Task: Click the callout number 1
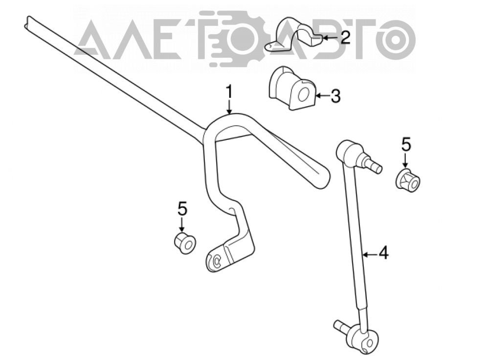[x=229, y=92]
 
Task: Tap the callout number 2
[x=345, y=38]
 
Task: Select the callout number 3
[x=335, y=96]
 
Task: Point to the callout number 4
[x=383, y=253]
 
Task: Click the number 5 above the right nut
[x=406, y=145]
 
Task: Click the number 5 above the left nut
[x=182, y=208]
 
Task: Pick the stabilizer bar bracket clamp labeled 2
[x=293, y=35]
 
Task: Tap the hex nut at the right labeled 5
[x=408, y=180]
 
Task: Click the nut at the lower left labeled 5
[x=185, y=243]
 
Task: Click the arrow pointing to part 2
[x=330, y=38]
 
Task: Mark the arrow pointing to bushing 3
[x=322, y=96]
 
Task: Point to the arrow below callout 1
[x=229, y=107]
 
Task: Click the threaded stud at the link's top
[x=372, y=164]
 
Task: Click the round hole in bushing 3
[x=303, y=94]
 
